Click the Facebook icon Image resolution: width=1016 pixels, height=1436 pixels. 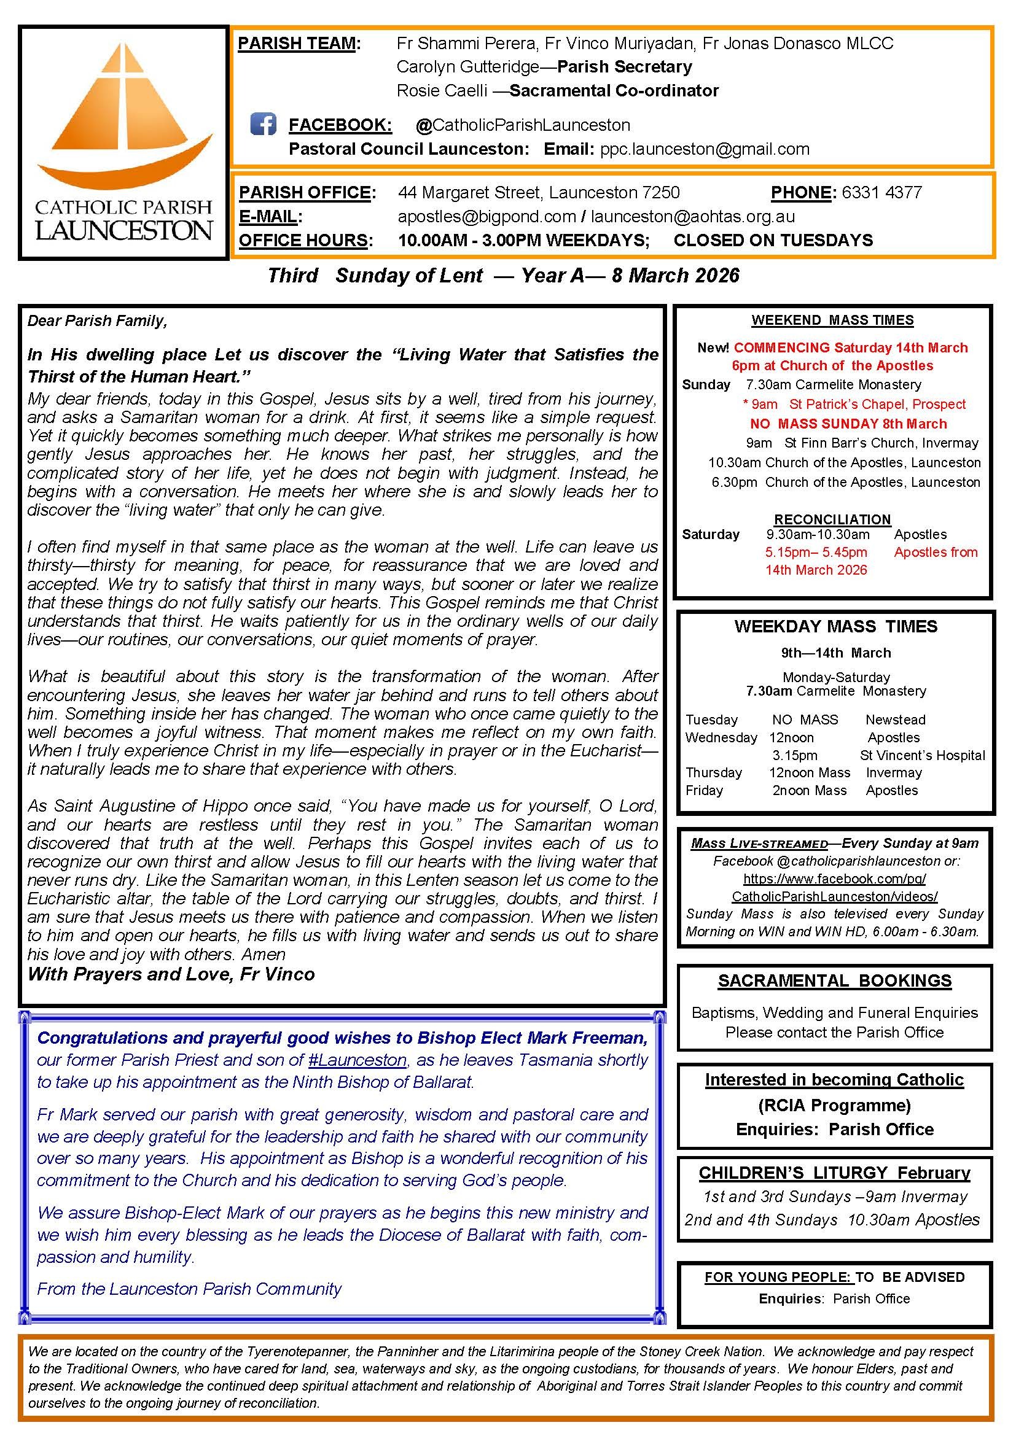click(x=264, y=124)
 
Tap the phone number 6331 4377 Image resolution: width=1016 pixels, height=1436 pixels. click(x=881, y=192)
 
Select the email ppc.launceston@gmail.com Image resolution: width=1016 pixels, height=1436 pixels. click(x=705, y=149)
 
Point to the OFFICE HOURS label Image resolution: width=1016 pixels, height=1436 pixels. click(x=306, y=240)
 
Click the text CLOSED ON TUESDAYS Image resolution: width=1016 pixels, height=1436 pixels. click(x=773, y=240)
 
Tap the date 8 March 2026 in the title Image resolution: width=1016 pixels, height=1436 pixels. click(x=676, y=275)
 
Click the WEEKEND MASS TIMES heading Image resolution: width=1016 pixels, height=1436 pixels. click(x=832, y=320)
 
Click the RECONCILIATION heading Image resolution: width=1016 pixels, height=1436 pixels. click(x=832, y=519)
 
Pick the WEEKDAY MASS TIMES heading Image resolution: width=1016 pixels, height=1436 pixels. click(x=836, y=626)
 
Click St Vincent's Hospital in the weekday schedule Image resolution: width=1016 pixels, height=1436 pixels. click(x=922, y=755)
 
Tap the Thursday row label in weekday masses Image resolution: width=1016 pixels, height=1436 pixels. click(x=714, y=772)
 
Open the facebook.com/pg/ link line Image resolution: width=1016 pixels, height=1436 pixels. click(x=835, y=878)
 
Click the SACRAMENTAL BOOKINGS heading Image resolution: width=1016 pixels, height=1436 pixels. click(x=835, y=980)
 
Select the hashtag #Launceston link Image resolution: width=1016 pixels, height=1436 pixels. click(x=359, y=1060)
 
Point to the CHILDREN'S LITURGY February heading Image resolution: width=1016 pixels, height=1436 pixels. click(x=835, y=1173)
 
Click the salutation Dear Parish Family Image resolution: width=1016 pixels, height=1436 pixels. click(x=98, y=321)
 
